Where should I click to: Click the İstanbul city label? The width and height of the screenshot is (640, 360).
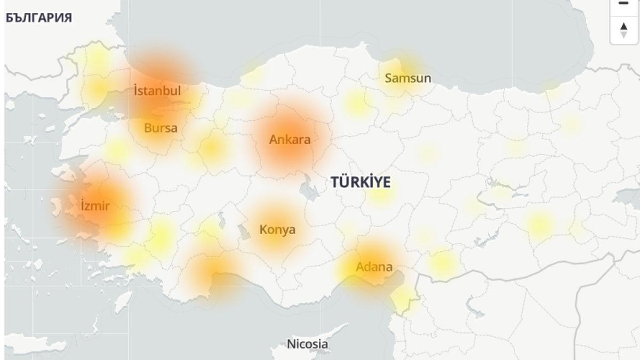[157, 91]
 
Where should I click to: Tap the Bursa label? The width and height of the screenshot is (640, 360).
[161, 128]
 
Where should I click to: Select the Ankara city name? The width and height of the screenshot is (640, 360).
[290, 140]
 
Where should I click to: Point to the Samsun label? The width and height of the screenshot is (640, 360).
[407, 78]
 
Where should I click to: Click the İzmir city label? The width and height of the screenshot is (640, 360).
[95, 205]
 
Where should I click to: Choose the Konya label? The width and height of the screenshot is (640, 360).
[277, 230]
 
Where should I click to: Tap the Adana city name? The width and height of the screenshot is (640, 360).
[374, 267]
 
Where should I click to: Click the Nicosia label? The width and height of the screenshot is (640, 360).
[307, 344]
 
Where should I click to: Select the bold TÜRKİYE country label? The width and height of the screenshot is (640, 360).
[361, 182]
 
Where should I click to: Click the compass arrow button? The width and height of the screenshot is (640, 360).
[623, 30]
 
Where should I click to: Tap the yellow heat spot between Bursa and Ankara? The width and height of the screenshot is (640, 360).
[212, 148]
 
